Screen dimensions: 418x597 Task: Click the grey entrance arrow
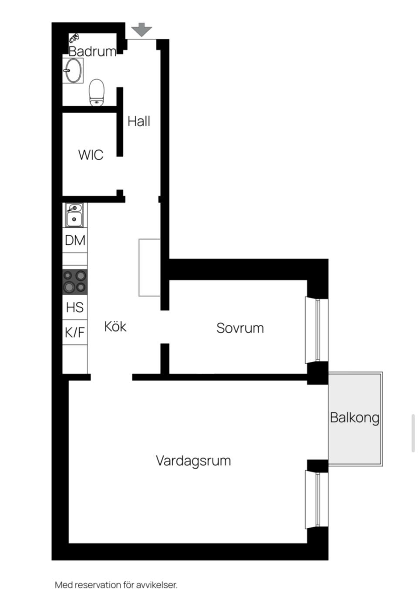pos(142,30)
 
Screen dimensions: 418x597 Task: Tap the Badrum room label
pos(92,51)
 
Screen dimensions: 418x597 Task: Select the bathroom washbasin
pos(73,71)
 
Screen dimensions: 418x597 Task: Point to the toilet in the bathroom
pos(97,92)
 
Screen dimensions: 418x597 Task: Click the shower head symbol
pos(74,38)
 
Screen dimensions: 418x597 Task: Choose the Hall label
pos(139,121)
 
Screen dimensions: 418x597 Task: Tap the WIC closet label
pos(91,155)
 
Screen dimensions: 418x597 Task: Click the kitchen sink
pos(74,215)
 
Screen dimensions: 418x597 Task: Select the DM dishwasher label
pos(75,240)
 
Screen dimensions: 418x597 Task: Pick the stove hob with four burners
pos(75,282)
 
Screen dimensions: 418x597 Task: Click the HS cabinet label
pos(75,307)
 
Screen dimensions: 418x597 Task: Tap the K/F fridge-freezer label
pos(75,332)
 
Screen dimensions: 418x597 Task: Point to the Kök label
pos(115,327)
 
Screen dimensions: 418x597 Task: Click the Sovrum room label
pos(240,328)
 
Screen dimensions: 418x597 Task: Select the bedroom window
pos(317,330)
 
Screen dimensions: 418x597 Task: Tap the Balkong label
pos(355,418)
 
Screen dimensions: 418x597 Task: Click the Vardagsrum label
pos(193,461)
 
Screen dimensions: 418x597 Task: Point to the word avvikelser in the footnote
pos(157,585)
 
